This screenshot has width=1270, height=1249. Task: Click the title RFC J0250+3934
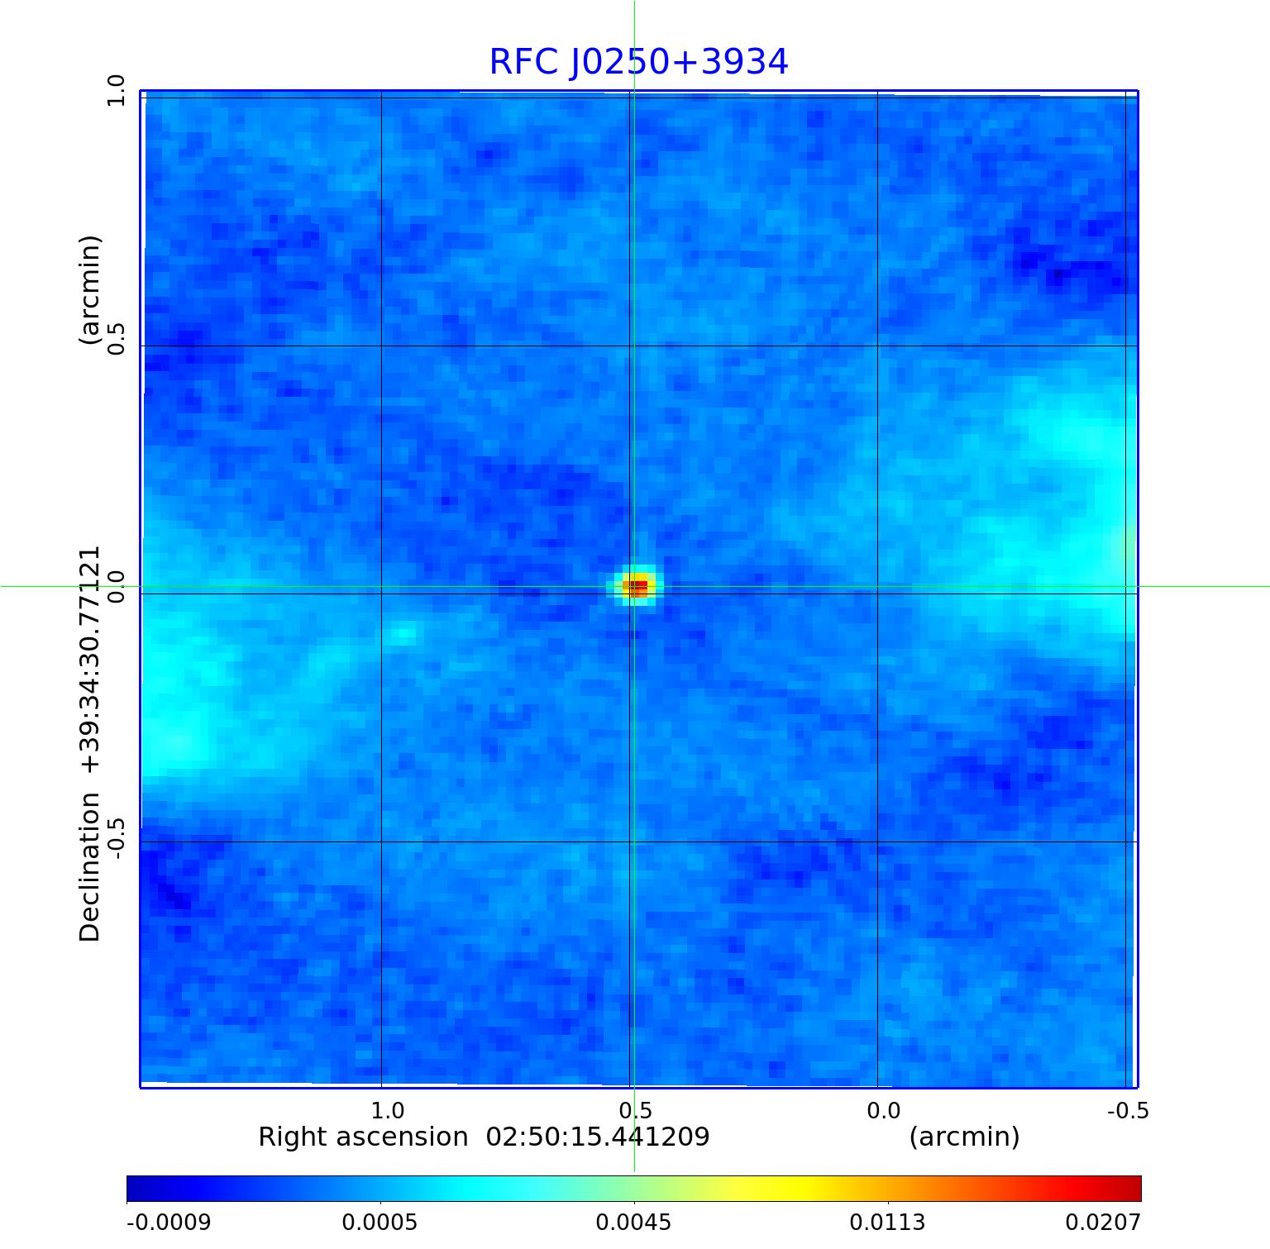(638, 62)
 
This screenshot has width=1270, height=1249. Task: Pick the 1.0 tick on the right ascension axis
(387, 1110)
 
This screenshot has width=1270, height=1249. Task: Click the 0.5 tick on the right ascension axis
(635, 1110)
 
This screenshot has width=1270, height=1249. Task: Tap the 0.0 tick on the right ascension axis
(883, 1110)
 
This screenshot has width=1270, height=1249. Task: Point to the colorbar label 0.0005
(380, 1222)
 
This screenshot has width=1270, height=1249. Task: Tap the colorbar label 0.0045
(633, 1222)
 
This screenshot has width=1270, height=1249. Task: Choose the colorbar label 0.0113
(887, 1222)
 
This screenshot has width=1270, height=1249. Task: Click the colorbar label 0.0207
(1102, 1222)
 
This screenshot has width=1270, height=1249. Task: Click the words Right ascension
(363, 1137)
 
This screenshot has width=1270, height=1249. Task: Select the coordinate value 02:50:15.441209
(597, 1137)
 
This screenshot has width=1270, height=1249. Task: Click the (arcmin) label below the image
(964, 1137)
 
